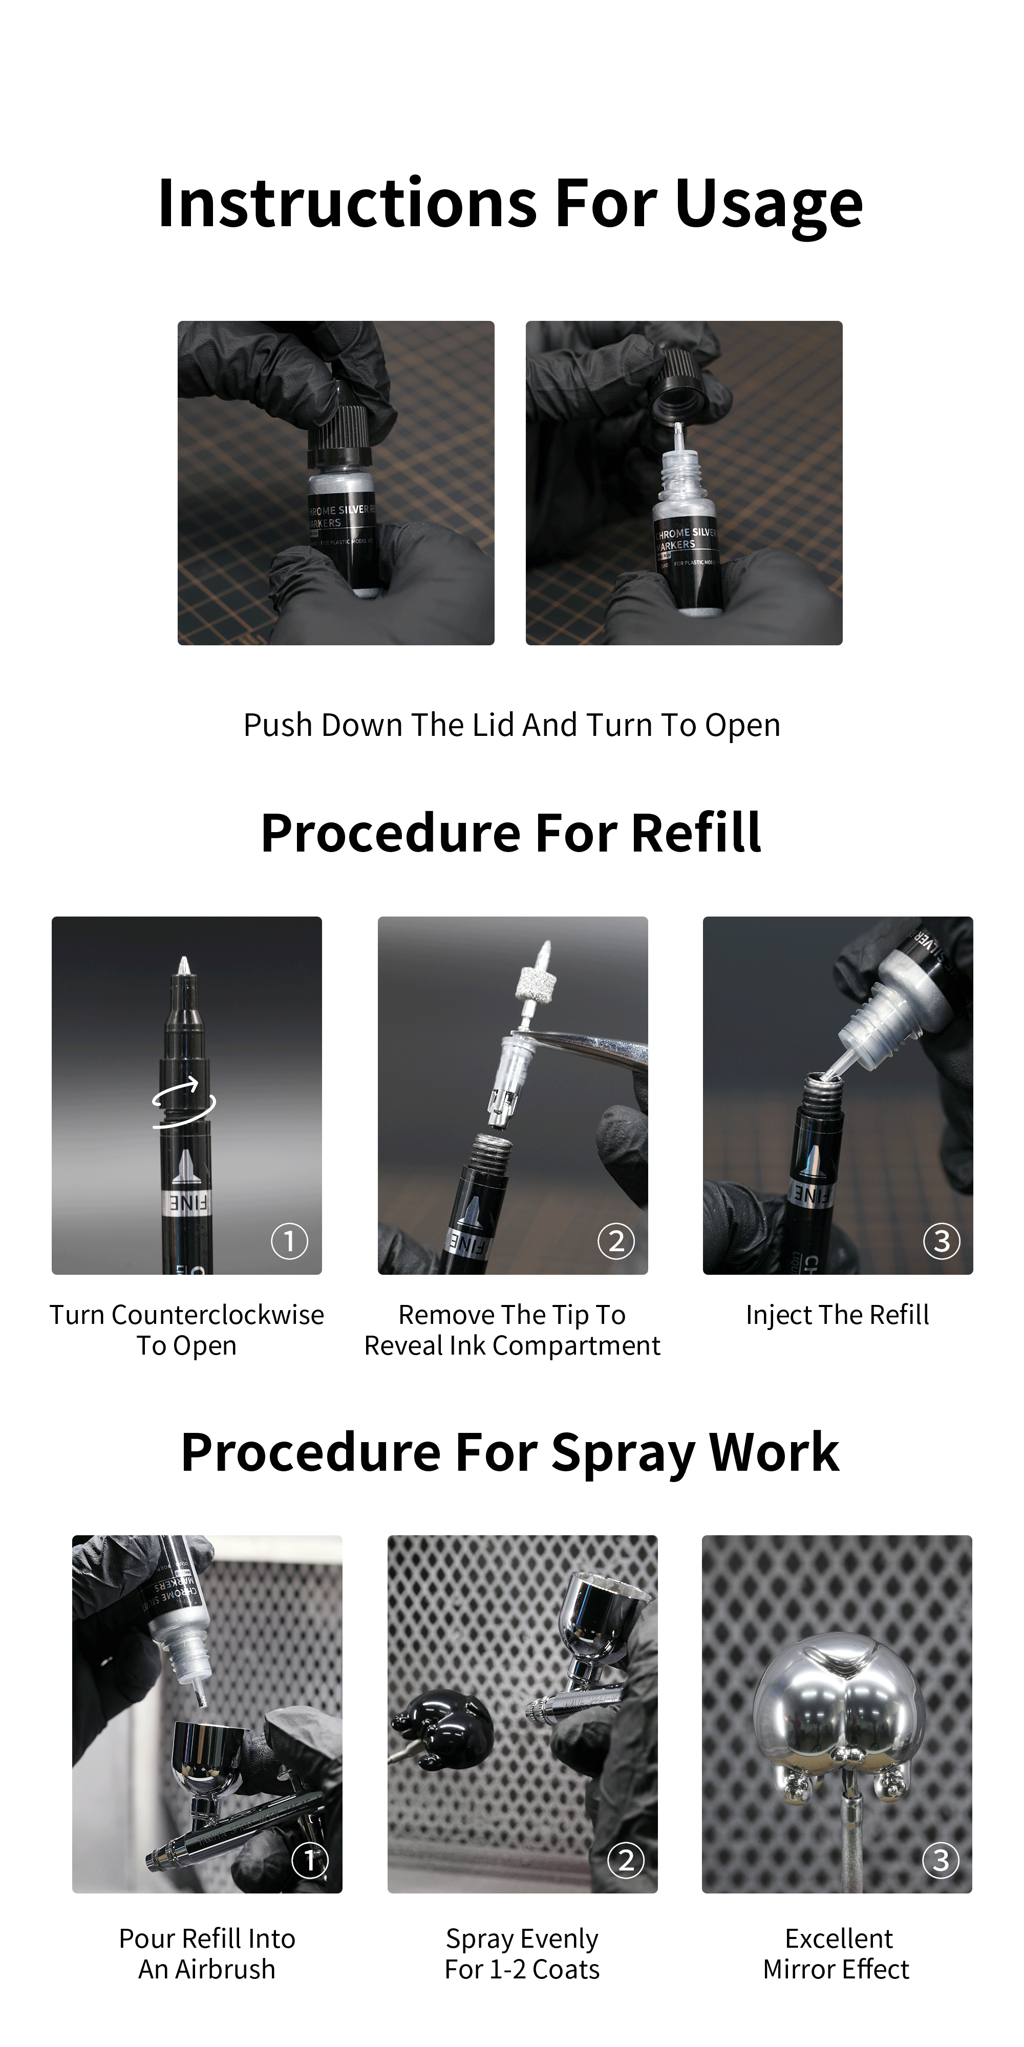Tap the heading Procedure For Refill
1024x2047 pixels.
(511, 834)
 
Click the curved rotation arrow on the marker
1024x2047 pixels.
(184, 1101)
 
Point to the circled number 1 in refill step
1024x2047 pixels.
(289, 1240)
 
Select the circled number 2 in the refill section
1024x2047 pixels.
(615, 1240)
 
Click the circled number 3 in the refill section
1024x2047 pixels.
(942, 1240)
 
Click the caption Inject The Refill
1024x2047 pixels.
(837, 1315)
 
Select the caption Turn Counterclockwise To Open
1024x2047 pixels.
(187, 1330)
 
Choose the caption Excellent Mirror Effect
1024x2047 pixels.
(837, 1954)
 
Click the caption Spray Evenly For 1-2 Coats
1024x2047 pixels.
(522, 1954)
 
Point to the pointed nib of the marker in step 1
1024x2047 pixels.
(184, 966)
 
